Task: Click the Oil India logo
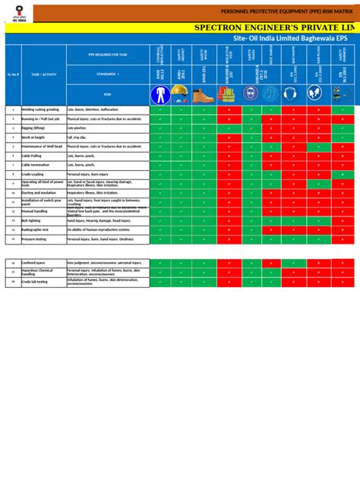click(16, 14)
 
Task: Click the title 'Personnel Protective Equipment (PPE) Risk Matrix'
click(289, 13)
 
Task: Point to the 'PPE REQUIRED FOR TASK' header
click(107, 55)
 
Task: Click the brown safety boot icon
click(204, 95)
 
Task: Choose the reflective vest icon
click(226, 94)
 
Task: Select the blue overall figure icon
click(160, 94)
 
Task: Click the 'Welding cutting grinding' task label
click(43, 109)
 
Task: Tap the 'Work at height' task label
click(34, 137)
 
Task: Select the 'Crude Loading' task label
click(33, 173)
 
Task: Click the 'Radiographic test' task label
click(35, 229)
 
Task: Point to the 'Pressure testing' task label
click(33, 238)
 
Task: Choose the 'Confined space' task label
click(34, 263)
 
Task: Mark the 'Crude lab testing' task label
click(35, 281)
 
